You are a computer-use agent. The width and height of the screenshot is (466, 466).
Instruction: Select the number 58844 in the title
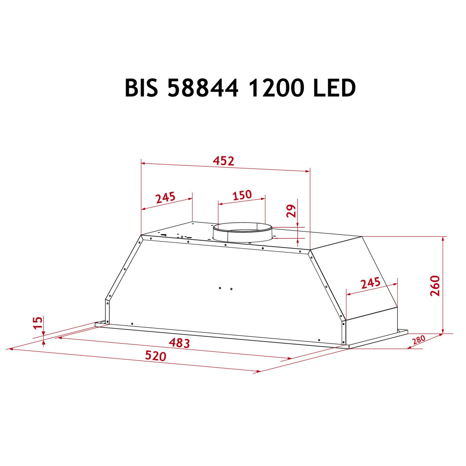click(203, 88)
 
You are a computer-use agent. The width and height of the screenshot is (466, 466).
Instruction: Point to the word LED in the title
click(334, 88)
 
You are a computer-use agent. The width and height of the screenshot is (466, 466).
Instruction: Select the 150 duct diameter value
click(242, 195)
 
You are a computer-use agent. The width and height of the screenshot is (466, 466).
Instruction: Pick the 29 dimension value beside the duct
click(292, 210)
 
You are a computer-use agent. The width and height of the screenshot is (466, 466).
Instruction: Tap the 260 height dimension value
click(435, 285)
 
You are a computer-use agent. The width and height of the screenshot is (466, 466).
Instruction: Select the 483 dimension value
click(179, 342)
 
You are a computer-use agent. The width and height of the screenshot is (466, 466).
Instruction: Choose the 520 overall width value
click(156, 356)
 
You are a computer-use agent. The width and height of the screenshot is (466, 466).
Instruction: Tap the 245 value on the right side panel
click(370, 283)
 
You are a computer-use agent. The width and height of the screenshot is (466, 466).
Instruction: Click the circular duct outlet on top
click(243, 232)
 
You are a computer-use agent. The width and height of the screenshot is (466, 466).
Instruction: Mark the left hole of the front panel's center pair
click(220, 288)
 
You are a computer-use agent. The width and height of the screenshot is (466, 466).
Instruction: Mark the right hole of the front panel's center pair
click(231, 289)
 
